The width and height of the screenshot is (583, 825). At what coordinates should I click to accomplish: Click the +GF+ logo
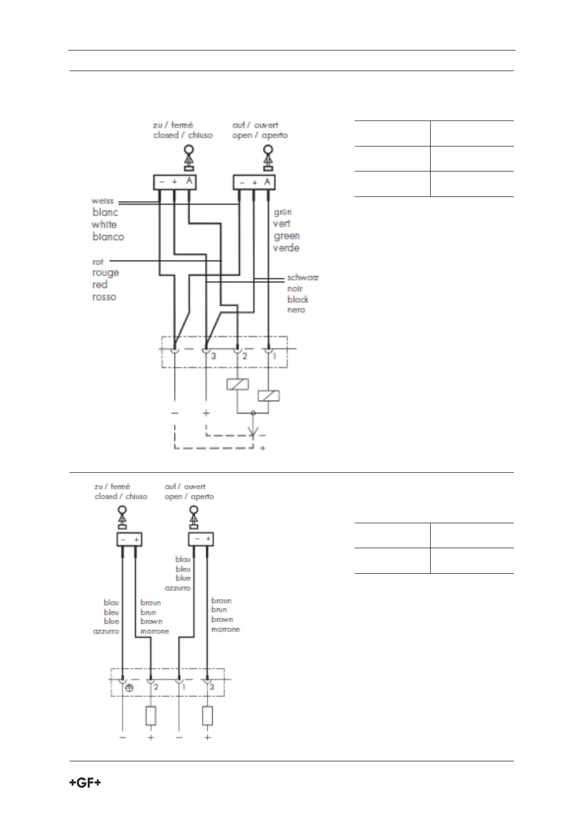tap(85, 783)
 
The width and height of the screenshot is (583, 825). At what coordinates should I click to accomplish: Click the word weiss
tap(102, 201)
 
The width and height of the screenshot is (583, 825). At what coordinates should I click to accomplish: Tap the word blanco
tap(108, 237)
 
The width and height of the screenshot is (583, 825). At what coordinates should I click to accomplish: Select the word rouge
tap(105, 273)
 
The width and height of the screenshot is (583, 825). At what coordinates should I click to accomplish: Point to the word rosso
tap(104, 297)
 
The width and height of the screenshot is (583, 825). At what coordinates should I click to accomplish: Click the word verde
tap(286, 248)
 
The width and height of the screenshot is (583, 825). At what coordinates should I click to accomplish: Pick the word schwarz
tap(303, 278)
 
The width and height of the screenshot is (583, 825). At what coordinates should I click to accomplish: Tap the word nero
tap(296, 310)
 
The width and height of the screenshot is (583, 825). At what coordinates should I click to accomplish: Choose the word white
tap(104, 225)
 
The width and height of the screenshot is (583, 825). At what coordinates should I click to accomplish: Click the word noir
tap(295, 289)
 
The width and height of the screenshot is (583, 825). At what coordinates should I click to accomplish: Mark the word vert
tap(282, 223)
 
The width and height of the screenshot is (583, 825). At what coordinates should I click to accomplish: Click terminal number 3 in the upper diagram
tap(214, 357)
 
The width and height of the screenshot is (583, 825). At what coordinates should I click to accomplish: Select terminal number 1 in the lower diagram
tap(184, 687)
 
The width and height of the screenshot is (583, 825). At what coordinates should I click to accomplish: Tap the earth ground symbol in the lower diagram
tap(129, 688)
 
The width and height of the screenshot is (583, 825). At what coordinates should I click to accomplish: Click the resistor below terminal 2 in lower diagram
tap(151, 716)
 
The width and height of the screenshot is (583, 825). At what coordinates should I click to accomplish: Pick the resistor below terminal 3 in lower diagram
tap(208, 716)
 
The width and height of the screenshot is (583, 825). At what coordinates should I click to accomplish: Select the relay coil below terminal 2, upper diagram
tap(238, 385)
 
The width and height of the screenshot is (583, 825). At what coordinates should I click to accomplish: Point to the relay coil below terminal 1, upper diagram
tap(268, 396)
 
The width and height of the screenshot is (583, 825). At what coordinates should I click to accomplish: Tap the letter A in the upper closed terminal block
tap(189, 182)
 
